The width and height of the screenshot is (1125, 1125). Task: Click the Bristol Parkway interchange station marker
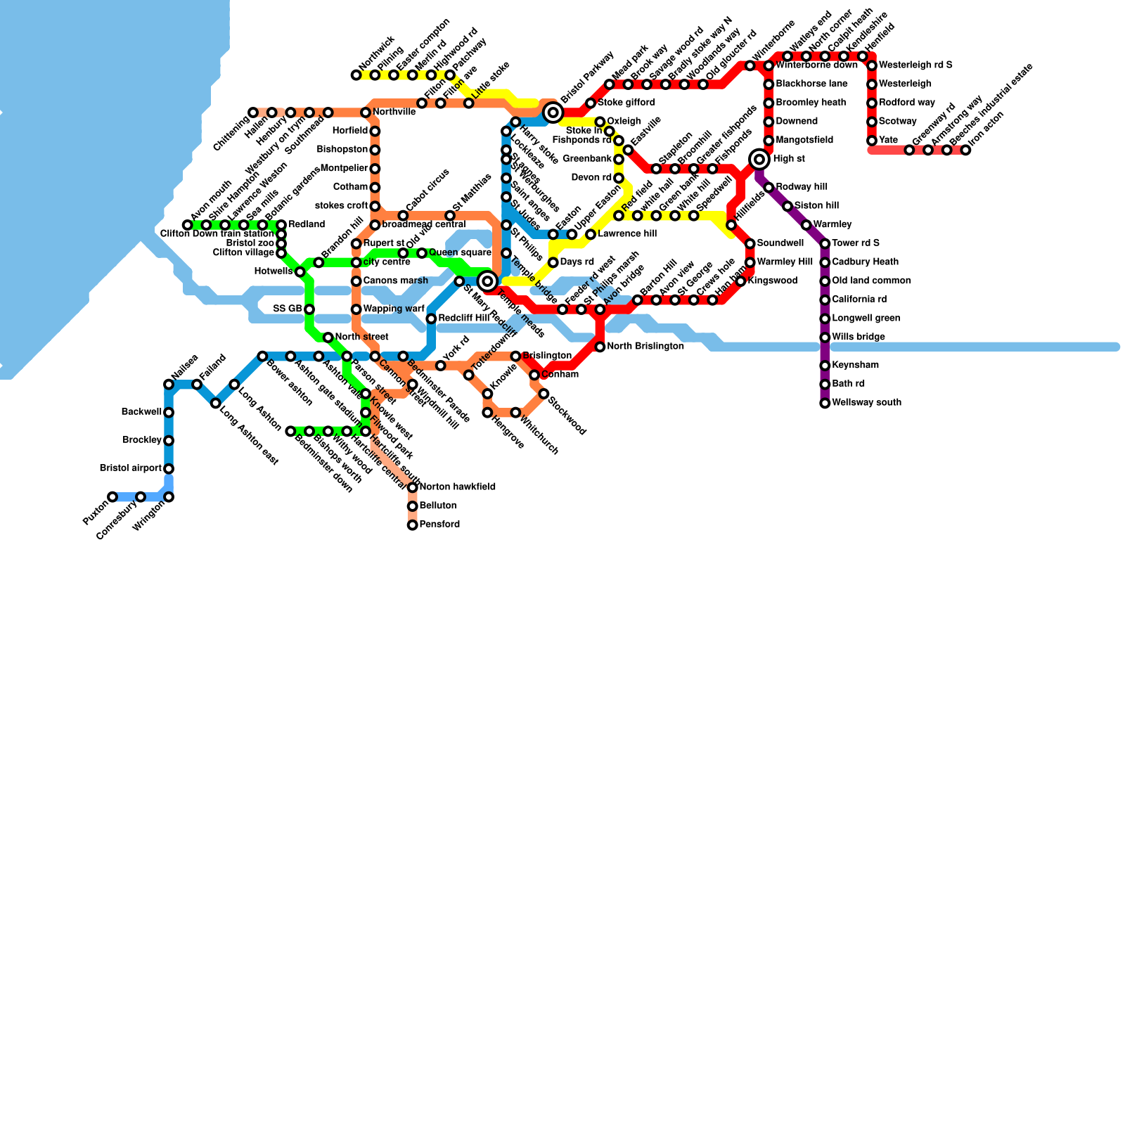[x=553, y=112]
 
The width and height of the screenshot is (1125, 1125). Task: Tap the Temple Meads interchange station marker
[x=487, y=281]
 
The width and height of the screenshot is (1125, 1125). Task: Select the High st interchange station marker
[x=759, y=160]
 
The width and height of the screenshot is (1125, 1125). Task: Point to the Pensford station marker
[x=413, y=525]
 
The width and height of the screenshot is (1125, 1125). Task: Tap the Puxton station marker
[x=112, y=497]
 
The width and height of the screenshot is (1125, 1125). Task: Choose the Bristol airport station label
[x=131, y=468]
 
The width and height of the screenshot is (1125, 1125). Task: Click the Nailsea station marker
[x=169, y=384]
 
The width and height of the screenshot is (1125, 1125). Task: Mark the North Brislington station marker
[x=600, y=347]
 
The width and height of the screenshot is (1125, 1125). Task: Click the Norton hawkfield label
[x=457, y=487]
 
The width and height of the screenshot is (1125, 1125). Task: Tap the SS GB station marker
[x=309, y=309]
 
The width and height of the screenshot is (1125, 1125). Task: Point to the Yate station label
[x=888, y=141]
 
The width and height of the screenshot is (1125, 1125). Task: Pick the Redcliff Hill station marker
[x=431, y=319]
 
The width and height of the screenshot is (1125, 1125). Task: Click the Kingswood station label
[x=772, y=281]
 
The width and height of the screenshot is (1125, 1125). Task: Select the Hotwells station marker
[x=300, y=272]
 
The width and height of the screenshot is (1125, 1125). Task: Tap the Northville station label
[x=394, y=112]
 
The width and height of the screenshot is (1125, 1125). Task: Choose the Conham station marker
[x=534, y=375]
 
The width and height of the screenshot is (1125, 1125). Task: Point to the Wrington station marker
[x=169, y=497]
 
